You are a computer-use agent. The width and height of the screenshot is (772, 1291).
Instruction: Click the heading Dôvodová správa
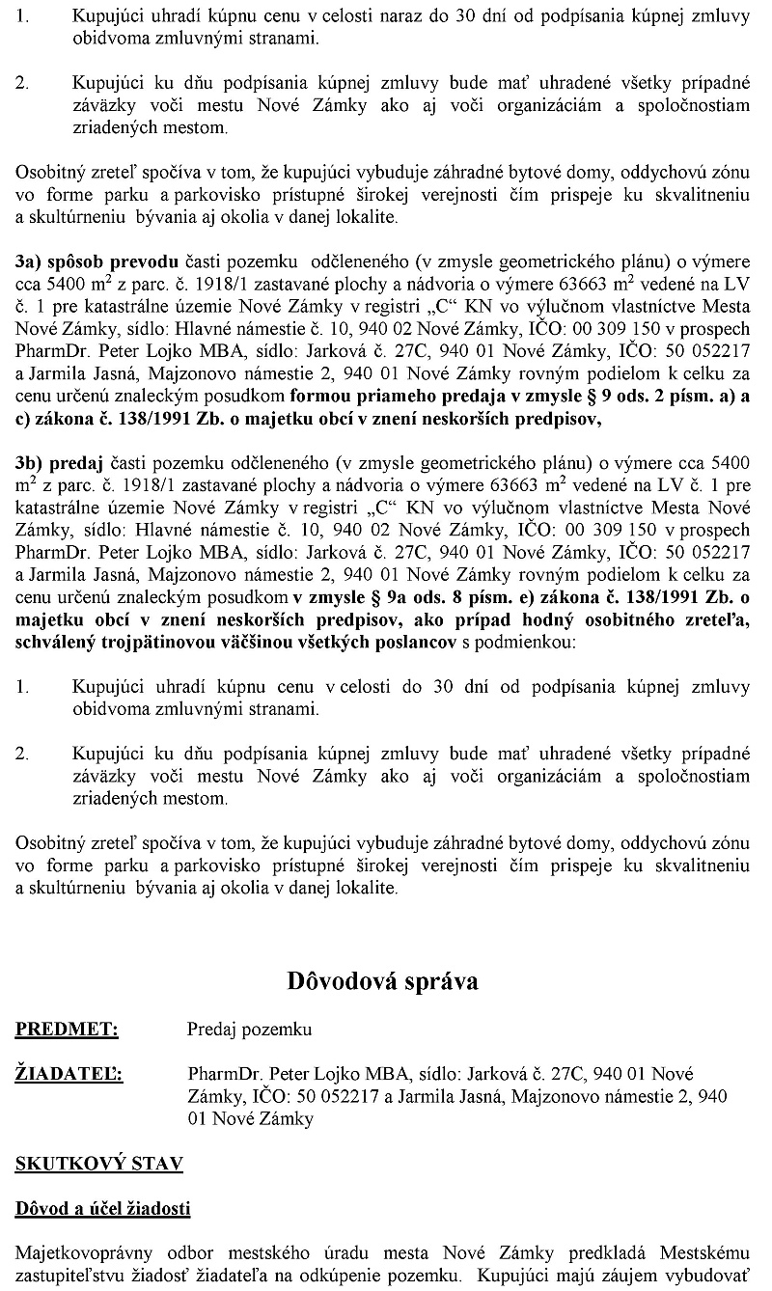(382, 981)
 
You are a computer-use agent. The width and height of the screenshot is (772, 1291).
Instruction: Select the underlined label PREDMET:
(67, 1030)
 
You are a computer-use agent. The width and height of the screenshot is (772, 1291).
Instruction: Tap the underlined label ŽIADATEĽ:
(69, 1074)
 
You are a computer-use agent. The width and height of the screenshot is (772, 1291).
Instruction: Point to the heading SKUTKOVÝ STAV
(98, 1164)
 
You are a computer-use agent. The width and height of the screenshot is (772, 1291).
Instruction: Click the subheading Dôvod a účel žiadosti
(102, 1208)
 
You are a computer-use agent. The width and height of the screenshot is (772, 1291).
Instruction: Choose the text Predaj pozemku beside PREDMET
(249, 1030)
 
